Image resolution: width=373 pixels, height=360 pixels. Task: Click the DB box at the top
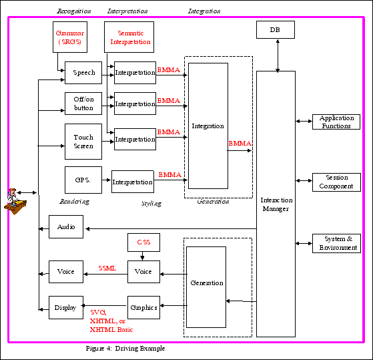click(276, 30)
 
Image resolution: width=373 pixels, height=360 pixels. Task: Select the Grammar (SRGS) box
click(69, 37)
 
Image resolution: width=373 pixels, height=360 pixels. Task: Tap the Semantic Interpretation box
click(129, 37)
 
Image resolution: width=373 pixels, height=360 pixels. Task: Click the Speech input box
click(83, 72)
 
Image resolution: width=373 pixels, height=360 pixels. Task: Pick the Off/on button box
click(83, 104)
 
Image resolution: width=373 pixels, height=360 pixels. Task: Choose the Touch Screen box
click(83, 141)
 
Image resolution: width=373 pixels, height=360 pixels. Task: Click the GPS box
click(83, 180)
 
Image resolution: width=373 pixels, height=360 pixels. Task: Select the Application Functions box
click(336, 122)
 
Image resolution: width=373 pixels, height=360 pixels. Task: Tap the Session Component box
click(336, 182)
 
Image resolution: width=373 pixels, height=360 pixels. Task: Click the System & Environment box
click(336, 243)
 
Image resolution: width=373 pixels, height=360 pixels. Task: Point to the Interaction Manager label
click(276, 204)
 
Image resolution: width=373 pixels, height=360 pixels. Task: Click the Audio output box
click(66, 227)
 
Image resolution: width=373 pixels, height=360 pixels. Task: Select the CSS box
click(143, 242)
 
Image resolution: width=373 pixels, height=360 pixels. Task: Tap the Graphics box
click(143, 307)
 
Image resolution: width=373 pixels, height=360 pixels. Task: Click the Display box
click(66, 307)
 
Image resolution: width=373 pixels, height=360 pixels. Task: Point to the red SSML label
click(107, 268)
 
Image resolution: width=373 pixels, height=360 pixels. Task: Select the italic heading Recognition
click(74, 11)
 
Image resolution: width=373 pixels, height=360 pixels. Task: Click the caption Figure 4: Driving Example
click(125, 349)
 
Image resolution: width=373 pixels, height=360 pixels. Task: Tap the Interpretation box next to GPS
click(132, 182)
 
